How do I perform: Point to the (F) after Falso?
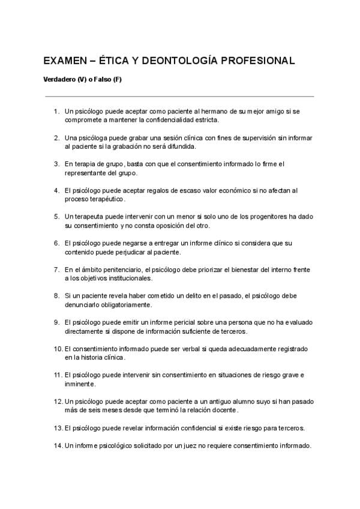tap(116, 80)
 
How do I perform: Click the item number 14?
tap(58, 446)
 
